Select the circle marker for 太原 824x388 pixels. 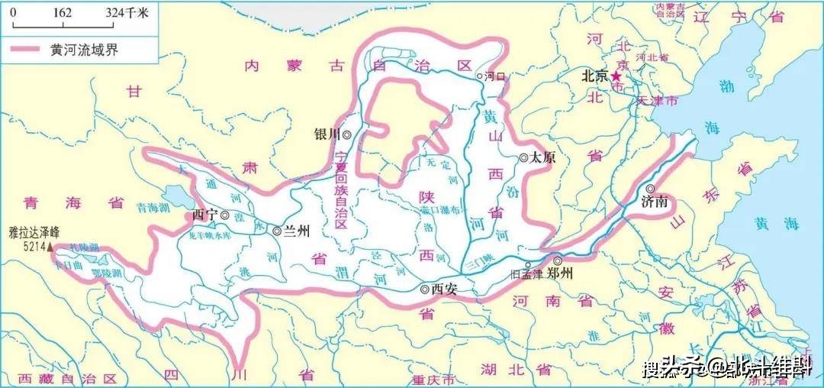pos(524,157)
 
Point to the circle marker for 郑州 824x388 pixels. pos(557,260)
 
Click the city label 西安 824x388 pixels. pos(444,289)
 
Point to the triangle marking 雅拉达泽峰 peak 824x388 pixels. pos(50,247)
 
